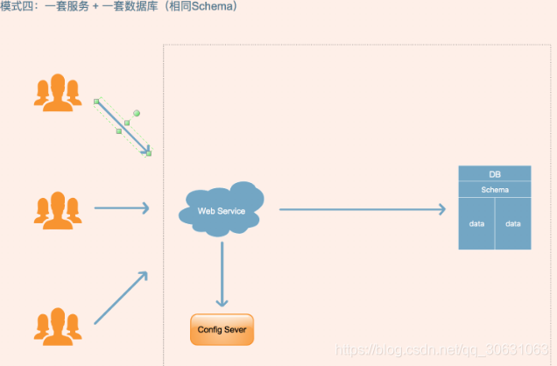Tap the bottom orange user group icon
click(58, 325)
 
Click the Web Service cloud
click(221, 211)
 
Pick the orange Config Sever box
click(222, 329)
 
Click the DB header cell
click(495, 173)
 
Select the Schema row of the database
click(495, 189)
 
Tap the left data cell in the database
click(476, 223)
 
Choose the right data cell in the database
click(513, 223)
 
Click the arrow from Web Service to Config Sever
click(222, 274)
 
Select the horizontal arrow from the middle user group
click(121, 208)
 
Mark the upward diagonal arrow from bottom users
click(121, 298)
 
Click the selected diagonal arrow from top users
click(123, 127)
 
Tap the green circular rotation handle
click(137, 113)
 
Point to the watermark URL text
click(446, 350)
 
